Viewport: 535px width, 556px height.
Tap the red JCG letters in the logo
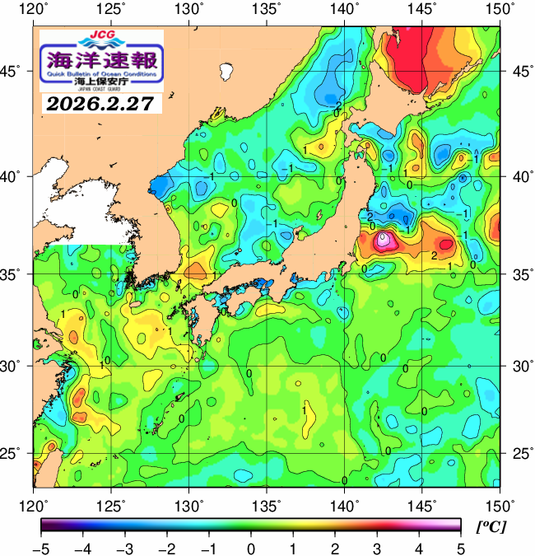pyautogui.click(x=102, y=36)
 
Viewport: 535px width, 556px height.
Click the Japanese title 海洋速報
pyautogui.click(x=101, y=59)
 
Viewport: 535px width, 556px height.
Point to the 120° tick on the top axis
pyautogui.click(x=34, y=9)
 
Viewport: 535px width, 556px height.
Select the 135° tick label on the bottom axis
pyautogui.click(x=267, y=504)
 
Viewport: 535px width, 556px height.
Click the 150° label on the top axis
pyautogui.click(x=500, y=9)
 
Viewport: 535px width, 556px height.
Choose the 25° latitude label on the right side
pyautogui.click(x=519, y=454)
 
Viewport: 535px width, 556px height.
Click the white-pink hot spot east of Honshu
pyautogui.click(x=384, y=241)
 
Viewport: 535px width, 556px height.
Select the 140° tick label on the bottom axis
pyautogui.click(x=344, y=504)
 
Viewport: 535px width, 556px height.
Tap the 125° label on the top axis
pyautogui.click(x=111, y=9)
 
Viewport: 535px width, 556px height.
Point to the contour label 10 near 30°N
pyautogui.click(x=105, y=362)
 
